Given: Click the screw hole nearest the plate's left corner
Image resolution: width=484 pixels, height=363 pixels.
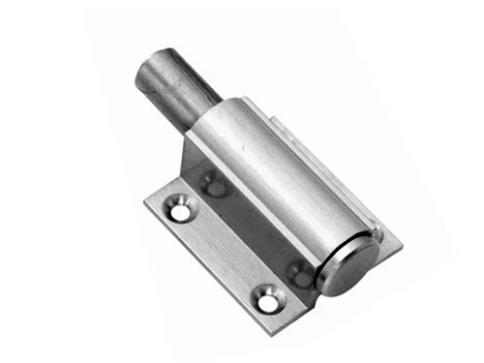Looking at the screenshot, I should tap(180, 204).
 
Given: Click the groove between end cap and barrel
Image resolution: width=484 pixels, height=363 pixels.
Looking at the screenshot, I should tap(323, 254).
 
